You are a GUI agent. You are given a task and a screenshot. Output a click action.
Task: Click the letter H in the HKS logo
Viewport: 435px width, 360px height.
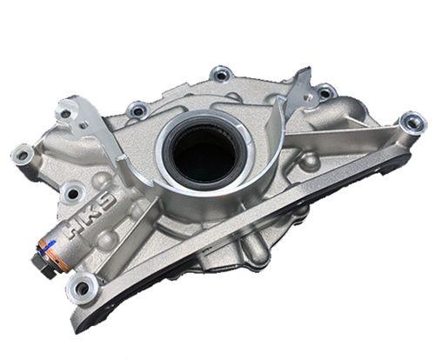(x=74, y=229)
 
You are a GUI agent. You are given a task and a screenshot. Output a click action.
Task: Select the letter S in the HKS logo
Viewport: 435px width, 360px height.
(x=108, y=203)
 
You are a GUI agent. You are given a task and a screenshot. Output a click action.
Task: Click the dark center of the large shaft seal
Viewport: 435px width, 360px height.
(x=203, y=154)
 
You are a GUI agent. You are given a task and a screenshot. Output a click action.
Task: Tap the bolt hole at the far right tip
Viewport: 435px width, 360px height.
(x=413, y=123)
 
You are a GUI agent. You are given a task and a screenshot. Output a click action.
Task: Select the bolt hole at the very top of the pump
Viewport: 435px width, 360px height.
(x=221, y=76)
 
